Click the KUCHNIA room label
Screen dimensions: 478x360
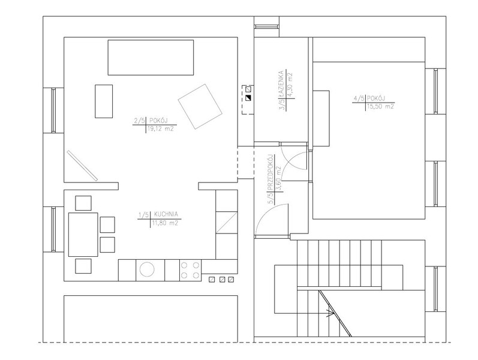[166, 214]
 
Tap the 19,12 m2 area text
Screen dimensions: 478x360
[160, 129]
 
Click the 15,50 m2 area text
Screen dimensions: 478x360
[380, 106]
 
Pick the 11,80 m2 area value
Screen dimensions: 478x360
[165, 223]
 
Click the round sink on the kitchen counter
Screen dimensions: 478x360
[147, 269]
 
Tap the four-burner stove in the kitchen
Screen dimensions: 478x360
[191, 271]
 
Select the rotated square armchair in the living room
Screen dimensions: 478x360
[200, 106]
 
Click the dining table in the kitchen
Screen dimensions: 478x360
[83, 235]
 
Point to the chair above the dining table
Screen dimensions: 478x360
[83, 203]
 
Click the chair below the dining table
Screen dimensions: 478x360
[83, 266]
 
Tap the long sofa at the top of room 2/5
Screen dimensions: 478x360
[151, 58]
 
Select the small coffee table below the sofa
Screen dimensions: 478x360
[104, 101]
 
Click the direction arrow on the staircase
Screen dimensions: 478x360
[329, 313]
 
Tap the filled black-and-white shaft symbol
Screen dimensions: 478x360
[248, 98]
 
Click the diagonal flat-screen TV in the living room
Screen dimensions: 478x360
[82, 166]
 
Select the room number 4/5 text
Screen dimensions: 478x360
[359, 98]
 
